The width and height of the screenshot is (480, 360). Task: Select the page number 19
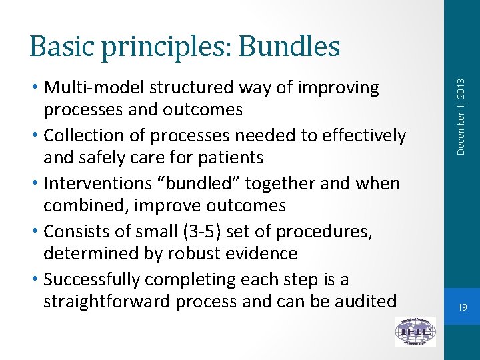(462, 307)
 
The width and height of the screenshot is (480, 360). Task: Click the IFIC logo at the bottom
(415, 331)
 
